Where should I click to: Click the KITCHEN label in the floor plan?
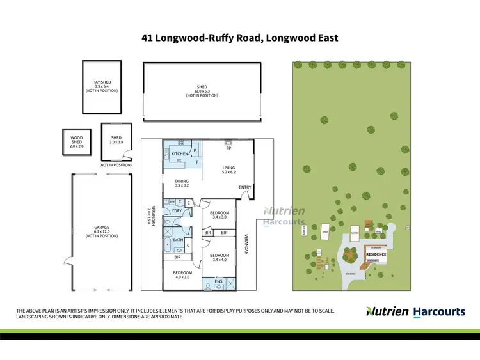180,154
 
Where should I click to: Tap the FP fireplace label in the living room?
228,148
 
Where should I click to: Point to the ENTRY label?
244,187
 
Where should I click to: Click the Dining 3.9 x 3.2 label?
182,184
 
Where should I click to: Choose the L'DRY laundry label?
177,211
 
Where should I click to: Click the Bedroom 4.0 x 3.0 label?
182,275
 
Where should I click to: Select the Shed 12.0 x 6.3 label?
202,91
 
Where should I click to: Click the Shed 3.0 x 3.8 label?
116,140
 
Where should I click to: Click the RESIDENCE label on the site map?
376,254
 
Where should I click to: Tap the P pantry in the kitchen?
195,152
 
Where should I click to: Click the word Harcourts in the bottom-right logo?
438,311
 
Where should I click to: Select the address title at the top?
240,38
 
